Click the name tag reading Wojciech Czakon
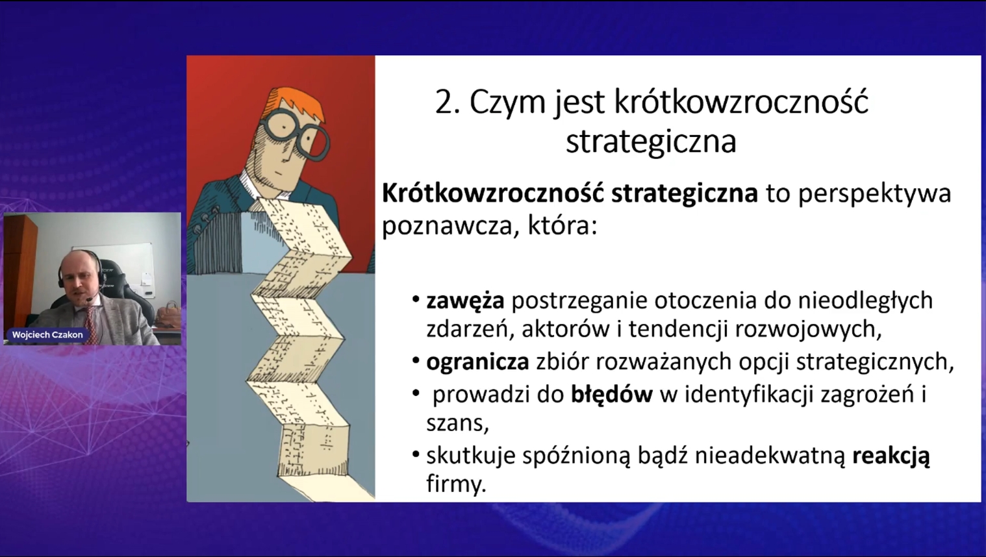point(47,335)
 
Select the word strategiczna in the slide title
point(651,142)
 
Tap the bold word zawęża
point(465,301)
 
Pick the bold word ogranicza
point(477,362)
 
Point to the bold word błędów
point(611,394)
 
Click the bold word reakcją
point(891,456)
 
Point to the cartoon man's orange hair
point(299,103)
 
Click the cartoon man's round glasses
point(296,134)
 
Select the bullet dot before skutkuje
point(416,454)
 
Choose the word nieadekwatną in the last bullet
point(770,456)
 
